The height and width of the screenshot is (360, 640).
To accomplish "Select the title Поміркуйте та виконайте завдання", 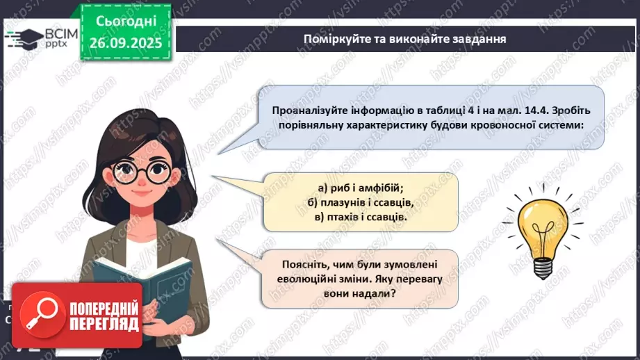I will (404, 39).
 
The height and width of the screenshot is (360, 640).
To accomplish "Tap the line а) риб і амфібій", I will (360, 188).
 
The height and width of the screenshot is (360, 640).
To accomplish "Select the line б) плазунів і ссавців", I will (360, 202).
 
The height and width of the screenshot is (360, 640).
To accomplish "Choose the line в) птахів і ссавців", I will (360, 217).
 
